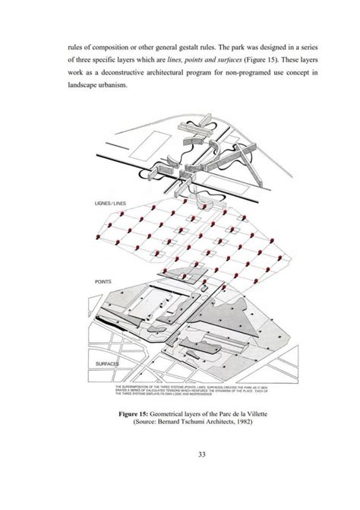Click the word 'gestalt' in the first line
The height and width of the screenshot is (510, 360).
177,41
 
